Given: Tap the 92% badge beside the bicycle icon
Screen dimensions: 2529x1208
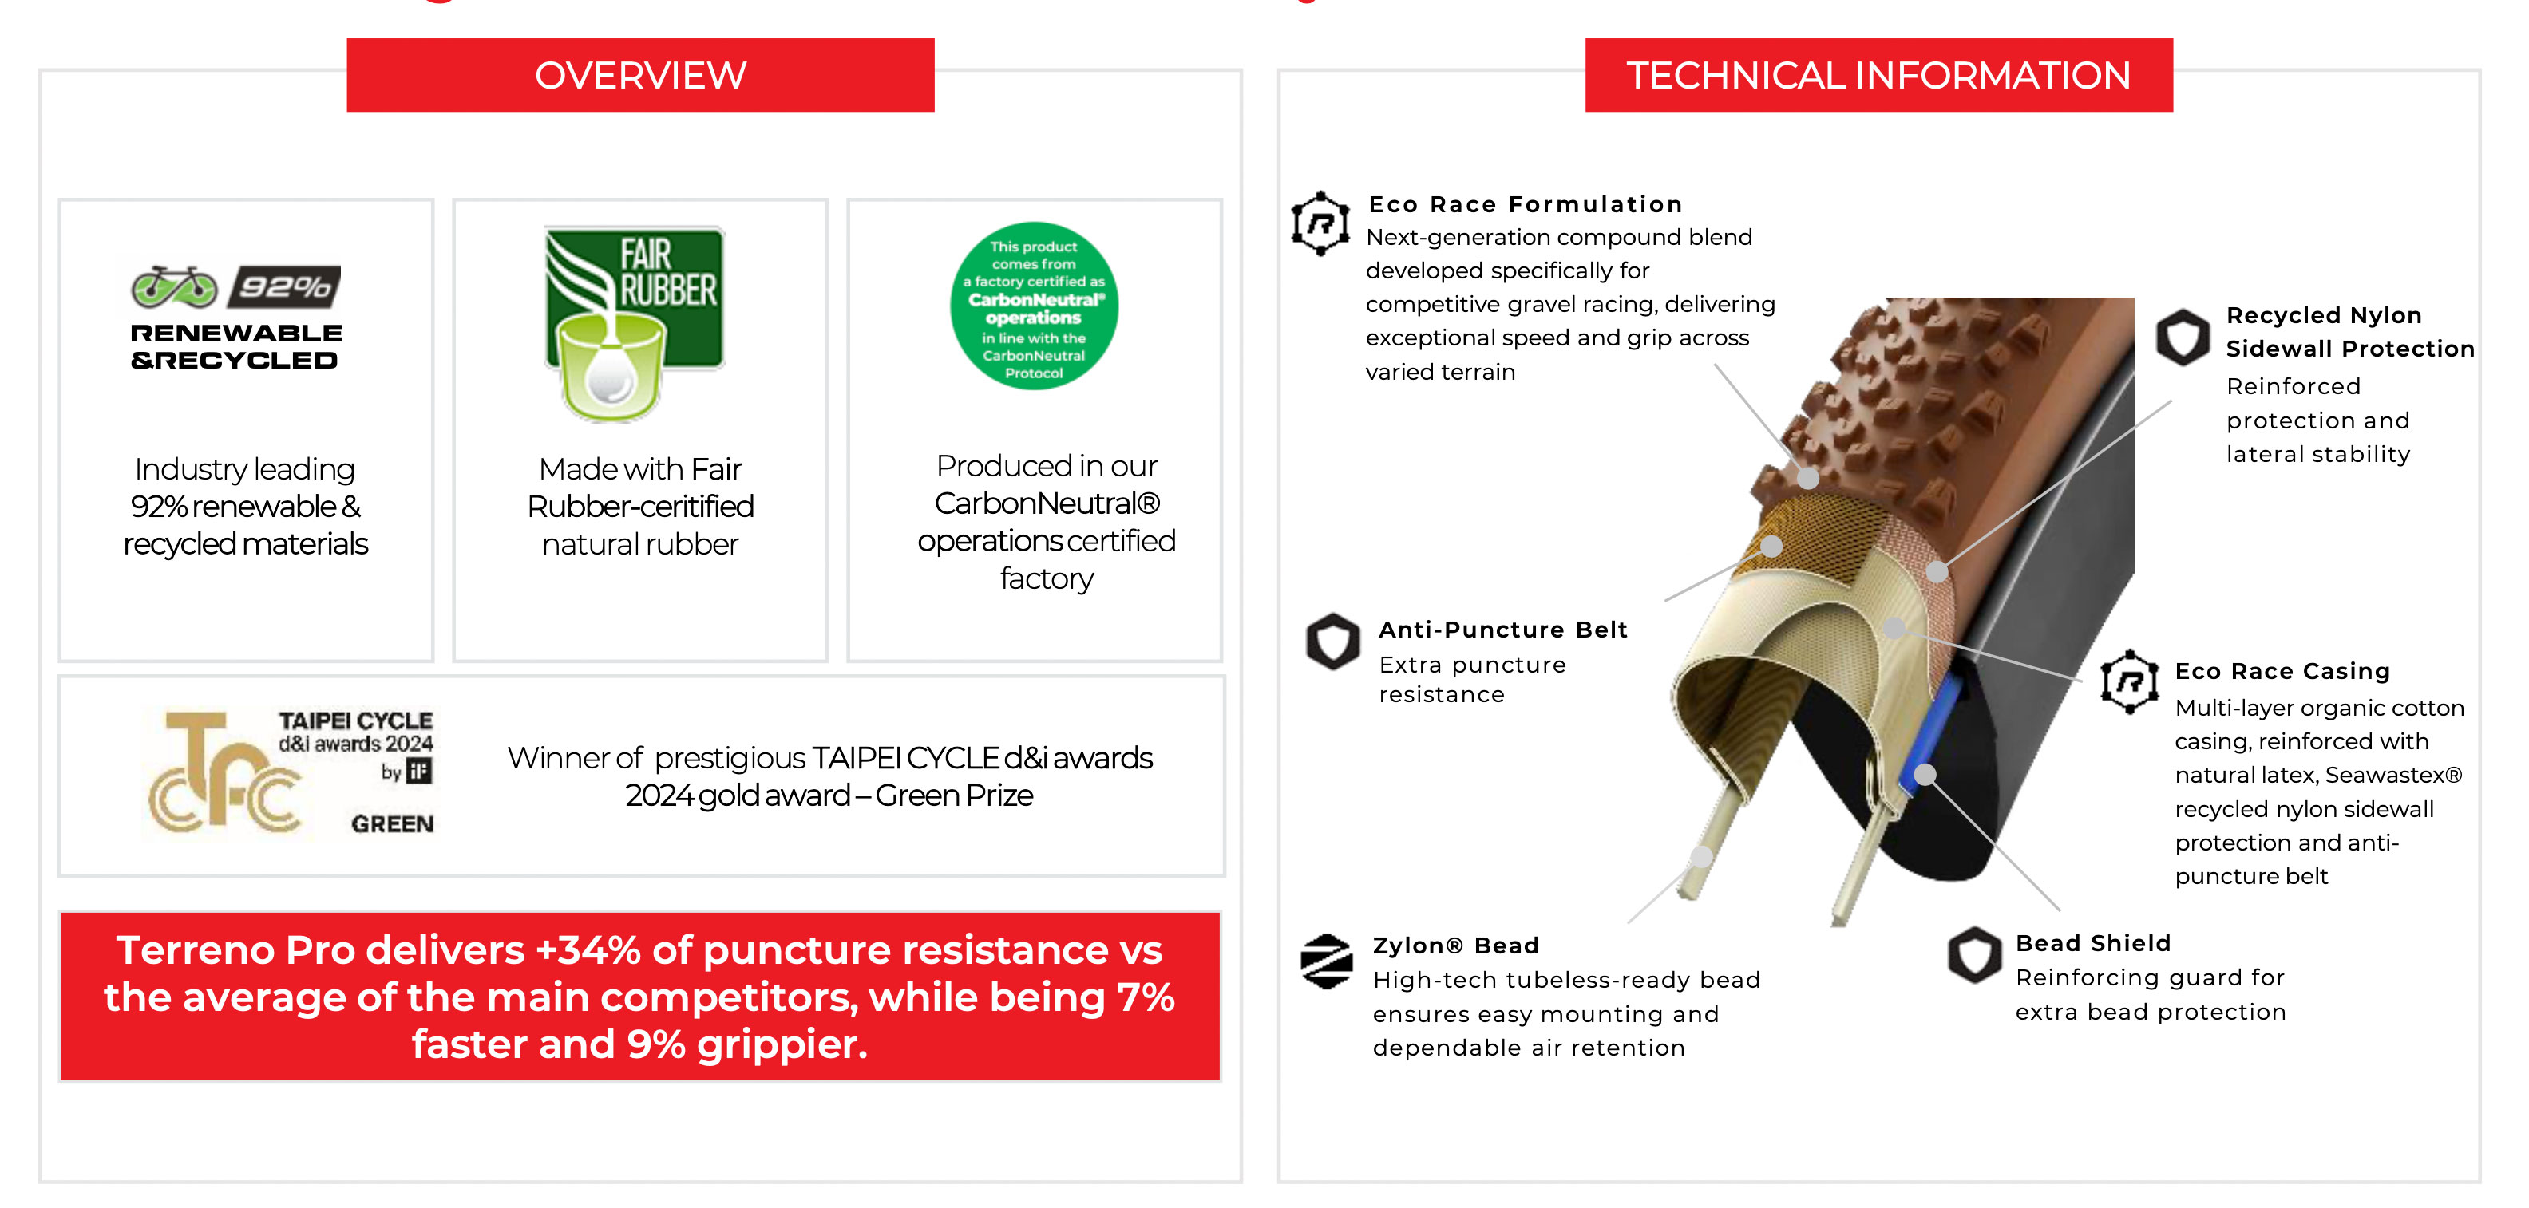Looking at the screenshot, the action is point(285,286).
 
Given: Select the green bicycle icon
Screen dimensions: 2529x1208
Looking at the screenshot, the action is point(175,286).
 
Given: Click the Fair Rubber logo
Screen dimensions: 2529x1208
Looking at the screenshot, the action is point(634,324).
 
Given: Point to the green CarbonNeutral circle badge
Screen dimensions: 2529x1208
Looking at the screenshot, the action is point(1034,306).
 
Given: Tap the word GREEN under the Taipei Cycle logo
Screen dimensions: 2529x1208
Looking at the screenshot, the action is point(393,824).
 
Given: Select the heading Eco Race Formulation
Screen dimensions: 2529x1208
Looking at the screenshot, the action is point(1526,204).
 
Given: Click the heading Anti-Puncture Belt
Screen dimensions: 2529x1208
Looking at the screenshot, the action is point(1503,629).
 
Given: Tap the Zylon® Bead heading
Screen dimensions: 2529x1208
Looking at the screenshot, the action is point(1456,945).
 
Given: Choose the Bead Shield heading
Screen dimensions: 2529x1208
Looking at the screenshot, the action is point(2093,943).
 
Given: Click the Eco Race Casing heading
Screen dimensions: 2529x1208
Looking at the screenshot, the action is point(2282,671).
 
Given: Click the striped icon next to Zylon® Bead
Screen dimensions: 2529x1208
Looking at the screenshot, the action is point(1326,961).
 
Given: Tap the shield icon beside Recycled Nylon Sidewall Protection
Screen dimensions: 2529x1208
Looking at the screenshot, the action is point(2183,338).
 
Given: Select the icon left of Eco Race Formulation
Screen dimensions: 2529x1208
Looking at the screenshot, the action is point(1320,223).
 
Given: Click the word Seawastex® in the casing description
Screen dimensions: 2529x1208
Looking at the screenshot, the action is point(2393,776).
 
